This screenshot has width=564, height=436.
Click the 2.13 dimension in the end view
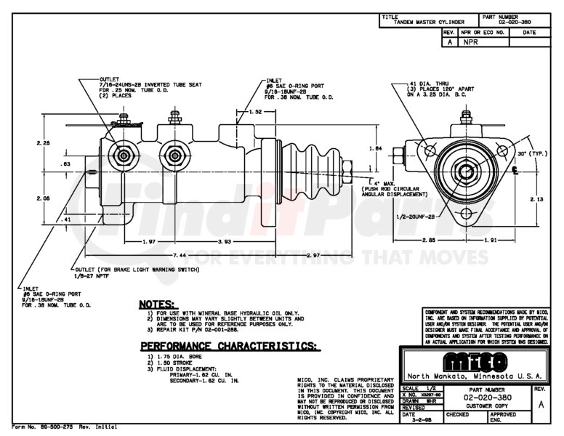(537, 199)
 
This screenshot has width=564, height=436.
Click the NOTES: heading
(156, 303)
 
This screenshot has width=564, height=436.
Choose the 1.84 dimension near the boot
(376, 148)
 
